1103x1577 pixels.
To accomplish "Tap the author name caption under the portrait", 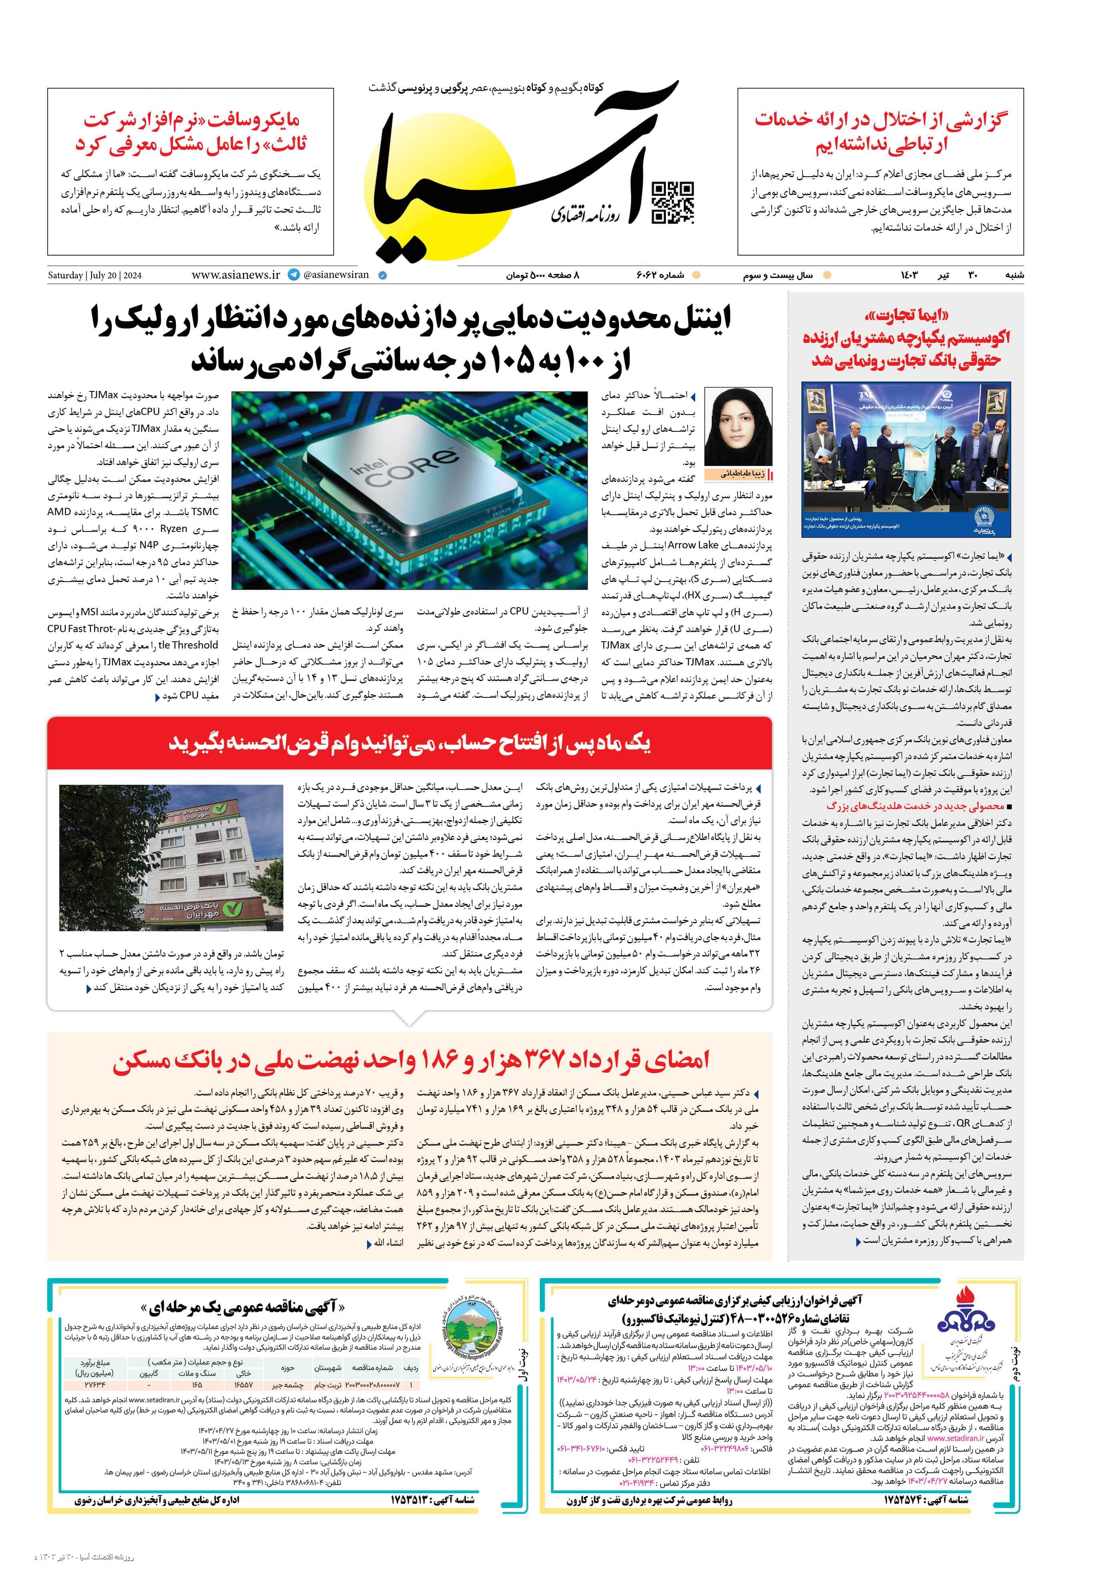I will [738, 474].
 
